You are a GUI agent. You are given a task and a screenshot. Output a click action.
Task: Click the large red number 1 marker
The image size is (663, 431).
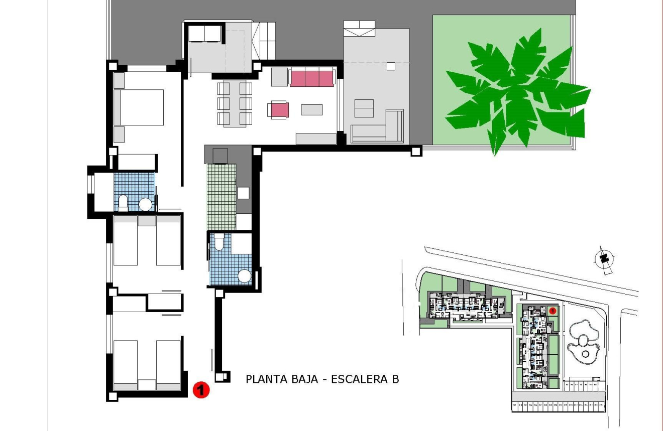coord(201,389)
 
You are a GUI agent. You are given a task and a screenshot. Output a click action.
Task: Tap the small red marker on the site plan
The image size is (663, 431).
coord(552,311)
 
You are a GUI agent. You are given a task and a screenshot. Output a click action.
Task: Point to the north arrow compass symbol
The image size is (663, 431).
coord(604,259)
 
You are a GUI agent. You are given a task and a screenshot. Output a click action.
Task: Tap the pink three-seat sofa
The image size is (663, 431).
coord(311,78)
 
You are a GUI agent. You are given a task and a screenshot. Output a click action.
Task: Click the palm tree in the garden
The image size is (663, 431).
coord(515,93)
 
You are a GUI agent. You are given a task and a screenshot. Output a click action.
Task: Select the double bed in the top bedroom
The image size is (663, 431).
coord(139,107)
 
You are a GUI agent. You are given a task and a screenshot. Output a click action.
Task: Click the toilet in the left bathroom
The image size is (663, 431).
coord(123,203)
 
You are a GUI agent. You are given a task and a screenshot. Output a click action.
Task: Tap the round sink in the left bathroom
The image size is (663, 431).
coord(145,204)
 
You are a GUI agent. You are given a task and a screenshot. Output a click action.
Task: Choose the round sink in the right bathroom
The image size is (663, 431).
coord(244,276)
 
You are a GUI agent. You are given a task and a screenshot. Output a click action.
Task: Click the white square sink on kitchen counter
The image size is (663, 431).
coord(244,193)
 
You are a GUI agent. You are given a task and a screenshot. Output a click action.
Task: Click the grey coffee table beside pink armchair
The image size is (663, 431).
coord(312,109)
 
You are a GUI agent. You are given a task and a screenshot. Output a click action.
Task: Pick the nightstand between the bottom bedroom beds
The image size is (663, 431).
coord(147,384)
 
